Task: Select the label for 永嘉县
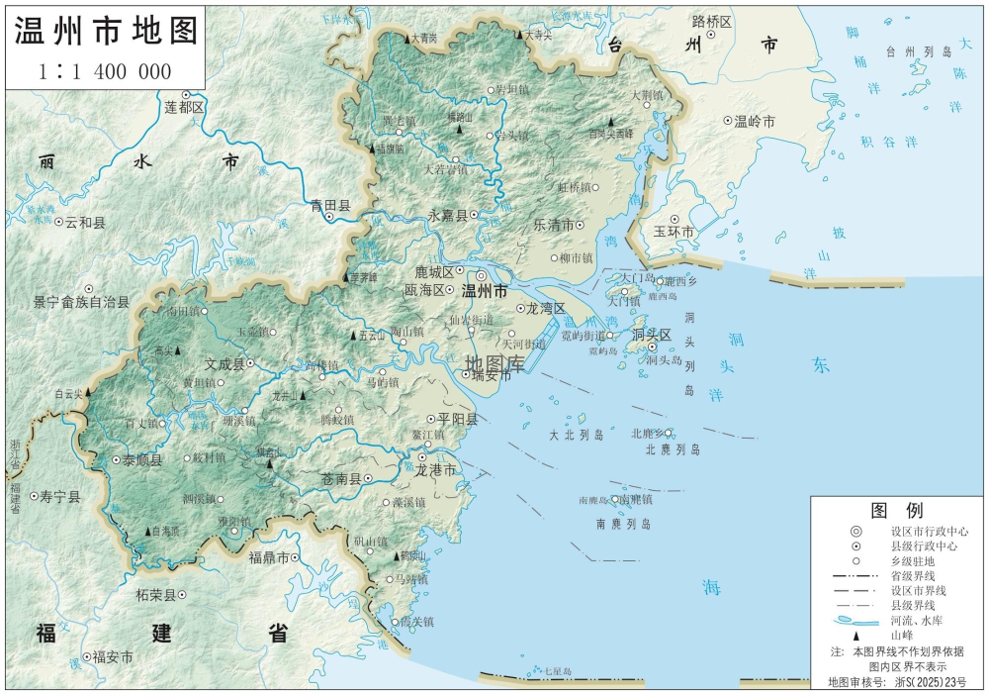coord(453,214)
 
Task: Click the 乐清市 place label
coord(553,225)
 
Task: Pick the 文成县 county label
coord(224,363)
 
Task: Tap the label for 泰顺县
coord(141,460)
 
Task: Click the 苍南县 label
coord(341,478)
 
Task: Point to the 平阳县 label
coord(458,419)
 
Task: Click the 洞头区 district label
coord(652,336)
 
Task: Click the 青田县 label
coord(330,206)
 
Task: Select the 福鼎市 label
coord(268,557)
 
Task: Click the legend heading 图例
coord(896,511)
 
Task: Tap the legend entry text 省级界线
coord(912,574)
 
